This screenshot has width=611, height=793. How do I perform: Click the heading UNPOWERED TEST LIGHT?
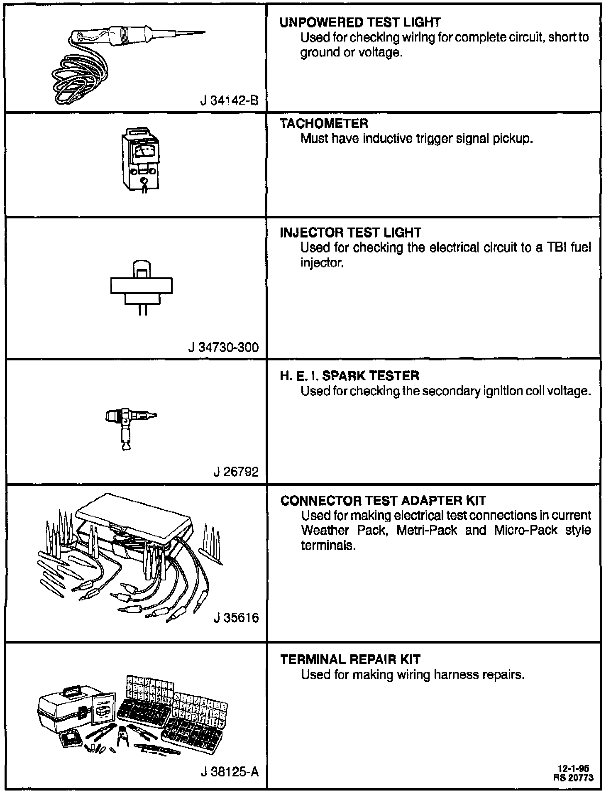point(360,22)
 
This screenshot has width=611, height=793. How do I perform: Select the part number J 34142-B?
point(229,100)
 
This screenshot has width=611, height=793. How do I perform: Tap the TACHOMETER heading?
point(324,123)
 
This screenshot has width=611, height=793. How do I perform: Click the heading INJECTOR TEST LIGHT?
point(350,233)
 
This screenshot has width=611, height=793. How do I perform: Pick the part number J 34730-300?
point(223,347)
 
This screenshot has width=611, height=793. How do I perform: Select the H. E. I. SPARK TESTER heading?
point(349,376)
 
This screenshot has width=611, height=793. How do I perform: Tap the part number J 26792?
point(236,472)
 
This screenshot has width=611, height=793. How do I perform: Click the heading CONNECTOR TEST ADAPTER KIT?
point(383,501)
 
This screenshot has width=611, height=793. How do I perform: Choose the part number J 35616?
point(236,618)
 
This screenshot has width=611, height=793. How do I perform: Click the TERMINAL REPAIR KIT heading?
point(350,660)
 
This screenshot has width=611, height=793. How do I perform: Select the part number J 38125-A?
point(230,772)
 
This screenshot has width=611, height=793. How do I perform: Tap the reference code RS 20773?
point(573,777)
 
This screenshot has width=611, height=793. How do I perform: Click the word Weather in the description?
point(325,530)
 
